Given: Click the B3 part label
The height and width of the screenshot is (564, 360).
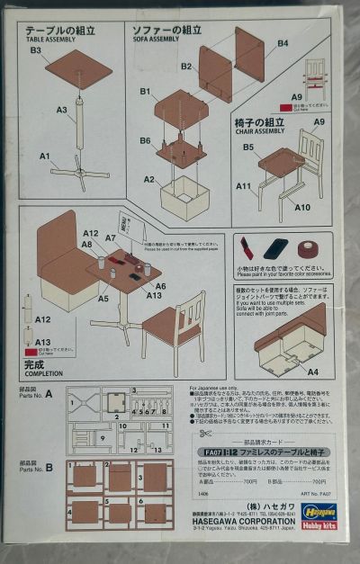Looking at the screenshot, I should (x=36, y=51).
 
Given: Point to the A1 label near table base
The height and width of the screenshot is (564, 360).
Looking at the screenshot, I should (x=44, y=156).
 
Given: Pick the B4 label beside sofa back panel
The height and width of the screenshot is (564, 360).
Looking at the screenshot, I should (x=283, y=42).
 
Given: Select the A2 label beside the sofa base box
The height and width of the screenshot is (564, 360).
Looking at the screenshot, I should (x=149, y=180).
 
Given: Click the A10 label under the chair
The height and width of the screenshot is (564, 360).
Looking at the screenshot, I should (x=302, y=208).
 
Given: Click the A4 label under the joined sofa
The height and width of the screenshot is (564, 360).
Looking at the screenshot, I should (x=313, y=371).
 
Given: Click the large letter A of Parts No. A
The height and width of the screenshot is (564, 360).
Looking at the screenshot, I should (x=49, y=393).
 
